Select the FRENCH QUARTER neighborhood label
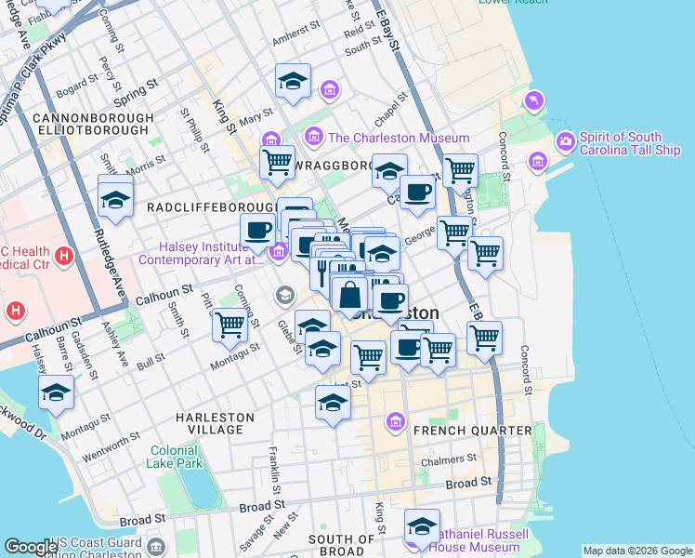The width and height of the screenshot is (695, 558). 472,431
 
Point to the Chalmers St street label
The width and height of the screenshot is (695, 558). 450,459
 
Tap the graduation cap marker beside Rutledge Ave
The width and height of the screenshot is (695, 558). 115,199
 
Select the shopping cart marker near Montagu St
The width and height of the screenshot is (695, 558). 229,325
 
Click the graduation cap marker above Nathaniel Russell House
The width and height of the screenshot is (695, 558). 422,525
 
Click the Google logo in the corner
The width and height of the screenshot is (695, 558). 31,548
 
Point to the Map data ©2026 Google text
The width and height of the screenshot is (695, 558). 636,551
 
